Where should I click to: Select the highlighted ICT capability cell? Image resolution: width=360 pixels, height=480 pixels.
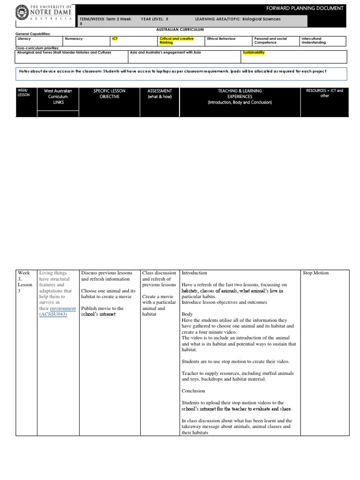(x=115, y=38)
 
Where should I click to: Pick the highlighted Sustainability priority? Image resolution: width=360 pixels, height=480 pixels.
(x=253, y=52)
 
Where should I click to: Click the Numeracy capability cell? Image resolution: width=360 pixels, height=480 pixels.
(x=73, y=38)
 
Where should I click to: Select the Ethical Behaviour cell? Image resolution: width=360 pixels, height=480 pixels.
(x=221, y=38)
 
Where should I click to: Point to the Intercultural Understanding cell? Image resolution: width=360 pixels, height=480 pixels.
(x=314, y=40)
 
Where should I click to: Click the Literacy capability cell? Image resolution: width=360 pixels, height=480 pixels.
(x=24, y=38)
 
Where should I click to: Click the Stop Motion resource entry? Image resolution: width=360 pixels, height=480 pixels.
(x=315, y=273)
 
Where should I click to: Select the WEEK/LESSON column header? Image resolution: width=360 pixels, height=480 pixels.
(x=23, y=93)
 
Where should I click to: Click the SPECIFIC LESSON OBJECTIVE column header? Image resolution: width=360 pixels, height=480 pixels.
(x=109, y=93)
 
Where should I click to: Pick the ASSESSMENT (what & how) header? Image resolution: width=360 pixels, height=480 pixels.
(x=159, y=93)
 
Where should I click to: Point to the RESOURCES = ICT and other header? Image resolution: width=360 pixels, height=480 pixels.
(x=324, y=93)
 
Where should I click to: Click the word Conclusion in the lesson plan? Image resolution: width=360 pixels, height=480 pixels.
(x=193, y=391)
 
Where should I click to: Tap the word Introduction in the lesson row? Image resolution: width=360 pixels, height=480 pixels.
(x=194, y=273)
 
